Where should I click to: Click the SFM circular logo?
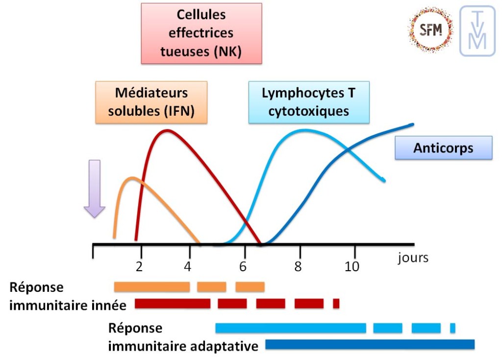(430, 30)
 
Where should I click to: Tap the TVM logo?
(477, 30)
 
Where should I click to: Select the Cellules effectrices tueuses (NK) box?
(201, 33)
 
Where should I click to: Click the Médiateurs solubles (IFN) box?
(151, 102)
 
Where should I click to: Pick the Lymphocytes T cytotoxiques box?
(308, 102)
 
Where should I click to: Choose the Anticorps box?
(443, 148)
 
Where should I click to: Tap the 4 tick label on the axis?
(188, 267)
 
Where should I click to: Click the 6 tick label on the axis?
(243, 267)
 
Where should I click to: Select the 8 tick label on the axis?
(298, 267)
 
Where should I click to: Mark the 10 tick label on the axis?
(351, 267)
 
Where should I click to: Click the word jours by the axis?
(413, 257)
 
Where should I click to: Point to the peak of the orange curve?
(131, 178)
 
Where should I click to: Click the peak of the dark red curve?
(167, 130)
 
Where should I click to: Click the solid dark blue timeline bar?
(370, 345)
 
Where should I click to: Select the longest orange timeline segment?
(152, 287)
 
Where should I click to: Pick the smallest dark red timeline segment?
(336, 304)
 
